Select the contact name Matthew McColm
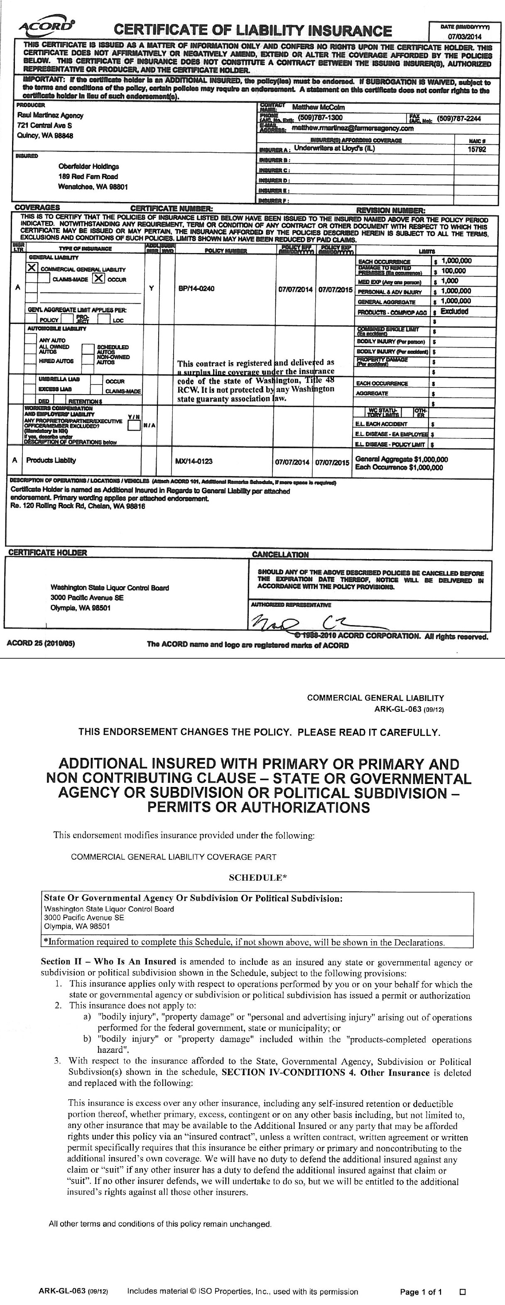click(x=319, y=107)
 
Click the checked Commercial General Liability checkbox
click(x=32, y=268)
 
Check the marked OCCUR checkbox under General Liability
click(x=99, y=278)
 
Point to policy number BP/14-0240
click(x=197, y=288)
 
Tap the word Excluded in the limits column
click(x=454, y=312)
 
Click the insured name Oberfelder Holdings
click(x=89, y=167)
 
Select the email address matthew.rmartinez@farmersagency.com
click(x=353, y=129)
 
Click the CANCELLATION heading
click(x=280, y=555)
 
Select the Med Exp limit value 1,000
click(x=449, y=281)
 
